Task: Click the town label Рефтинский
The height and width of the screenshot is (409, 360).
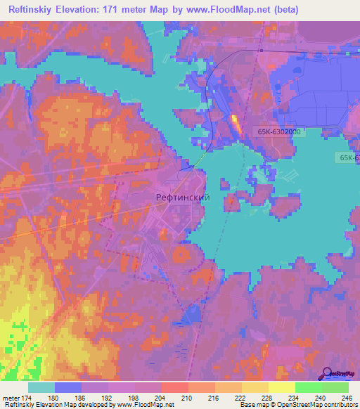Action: pyautogui.click(x=183, y=198)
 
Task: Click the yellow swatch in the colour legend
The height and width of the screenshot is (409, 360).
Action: pyautogui.click(x=281, y=387)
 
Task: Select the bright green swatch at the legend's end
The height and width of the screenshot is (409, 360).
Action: pyautogui.click(x=335, y=387)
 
